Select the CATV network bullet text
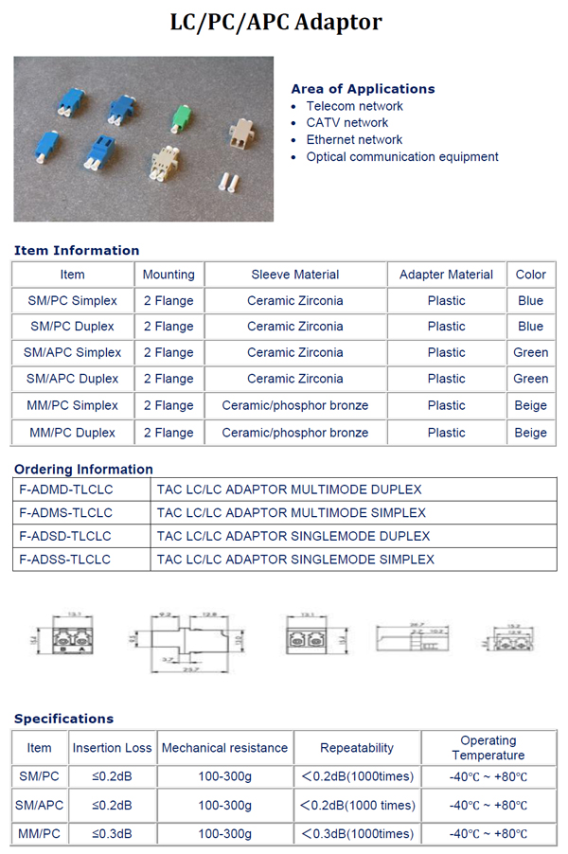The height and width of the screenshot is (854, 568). coord(346,122)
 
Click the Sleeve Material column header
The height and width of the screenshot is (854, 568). coord(295,275)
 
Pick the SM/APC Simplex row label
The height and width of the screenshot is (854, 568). coord(72,352)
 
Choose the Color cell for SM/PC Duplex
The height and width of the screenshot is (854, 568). coord(530,326)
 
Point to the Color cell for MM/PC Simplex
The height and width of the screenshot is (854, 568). coord(530,405)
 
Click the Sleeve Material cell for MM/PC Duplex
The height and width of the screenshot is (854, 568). coord(295,433)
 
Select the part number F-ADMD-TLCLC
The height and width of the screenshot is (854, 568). coord(65,489)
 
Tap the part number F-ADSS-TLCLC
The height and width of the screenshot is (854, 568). coord(64,560)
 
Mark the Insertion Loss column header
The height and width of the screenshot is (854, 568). coord(112,748)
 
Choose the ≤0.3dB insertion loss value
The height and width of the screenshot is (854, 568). coord(112,834)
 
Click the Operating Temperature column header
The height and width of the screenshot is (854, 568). coord(488,748)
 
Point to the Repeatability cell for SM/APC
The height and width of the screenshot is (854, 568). coord(357,806)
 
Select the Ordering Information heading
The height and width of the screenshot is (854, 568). coord(83,470)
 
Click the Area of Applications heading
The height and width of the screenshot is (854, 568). coord(363,89)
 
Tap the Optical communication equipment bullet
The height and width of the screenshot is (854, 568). coord(401,156)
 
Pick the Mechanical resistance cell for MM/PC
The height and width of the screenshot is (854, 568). coord(224,834)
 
